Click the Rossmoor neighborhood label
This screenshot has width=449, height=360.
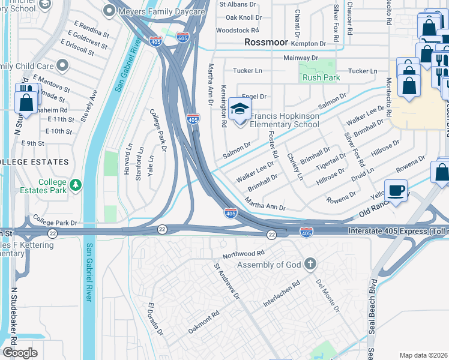pos(267,43)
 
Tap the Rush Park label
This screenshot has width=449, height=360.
pos(321,77)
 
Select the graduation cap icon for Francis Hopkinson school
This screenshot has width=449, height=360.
pos(240,110)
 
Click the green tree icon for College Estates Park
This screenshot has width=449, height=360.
pos(76,186)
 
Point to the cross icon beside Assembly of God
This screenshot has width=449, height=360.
pos(310,264)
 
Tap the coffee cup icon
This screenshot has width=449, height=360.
pos(396,191)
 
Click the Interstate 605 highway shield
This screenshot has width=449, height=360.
pos(183,38)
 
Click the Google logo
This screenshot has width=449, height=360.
pos(20,353)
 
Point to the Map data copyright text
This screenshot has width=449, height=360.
pos(424,355)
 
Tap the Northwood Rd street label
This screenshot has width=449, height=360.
pos(243,254)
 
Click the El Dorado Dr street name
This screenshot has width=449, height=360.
pos(155,319)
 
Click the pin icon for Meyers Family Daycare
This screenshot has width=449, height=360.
pos(109,10)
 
